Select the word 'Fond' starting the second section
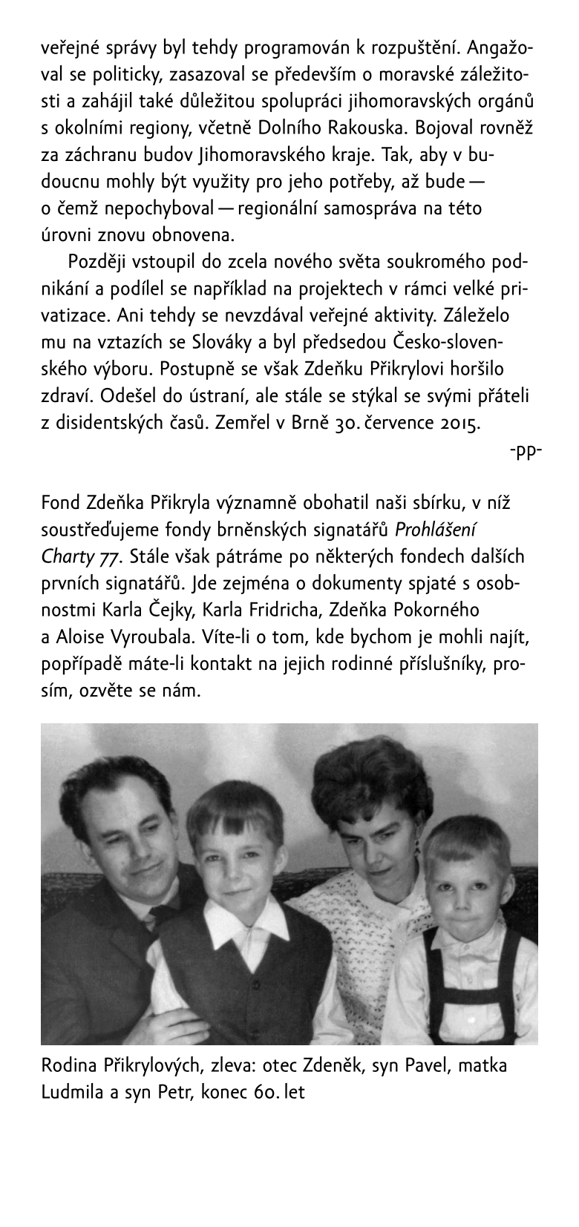[60, 504]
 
